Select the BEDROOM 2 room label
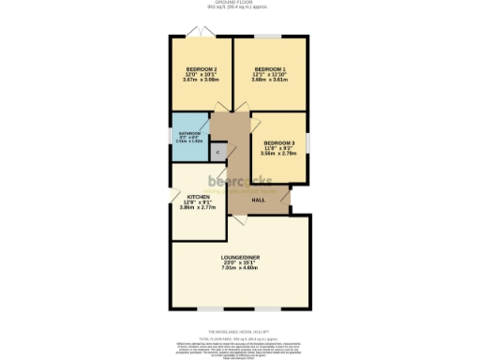pos(201,69)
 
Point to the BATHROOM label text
pos(189,134)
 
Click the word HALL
pos(258,199)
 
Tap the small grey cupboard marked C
pos(218,150)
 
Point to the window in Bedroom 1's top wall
pos(270,37)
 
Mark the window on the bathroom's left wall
pos(169,137)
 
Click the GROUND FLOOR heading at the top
pos(240,3)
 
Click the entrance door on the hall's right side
pos(290,193)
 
